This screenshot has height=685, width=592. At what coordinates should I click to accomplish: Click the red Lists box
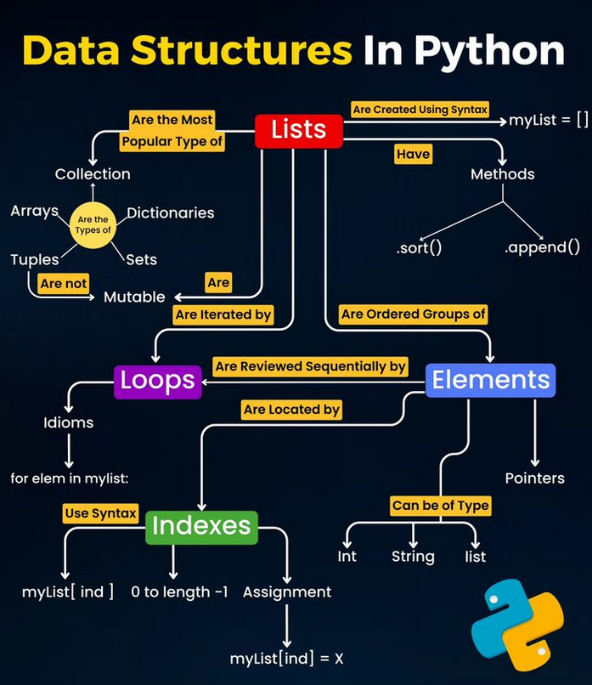coord(299,129)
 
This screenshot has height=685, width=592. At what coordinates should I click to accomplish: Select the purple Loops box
coord(158,381)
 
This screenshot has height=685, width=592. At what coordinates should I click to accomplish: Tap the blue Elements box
coord(490,381)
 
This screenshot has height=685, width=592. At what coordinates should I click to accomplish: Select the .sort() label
coord(419,248)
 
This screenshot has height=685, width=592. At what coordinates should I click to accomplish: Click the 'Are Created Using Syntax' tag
coord(420,110)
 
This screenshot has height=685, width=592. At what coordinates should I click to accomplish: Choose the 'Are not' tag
coord(64,283)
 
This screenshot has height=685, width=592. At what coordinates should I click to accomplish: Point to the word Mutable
coord(134,297)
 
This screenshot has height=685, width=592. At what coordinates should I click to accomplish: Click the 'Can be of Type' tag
coord(440,506)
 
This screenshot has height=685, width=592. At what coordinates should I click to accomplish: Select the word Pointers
coord(534,478)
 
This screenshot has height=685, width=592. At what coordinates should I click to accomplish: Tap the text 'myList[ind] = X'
coord(286,659)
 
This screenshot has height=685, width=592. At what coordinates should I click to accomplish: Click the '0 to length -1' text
coord(179,592)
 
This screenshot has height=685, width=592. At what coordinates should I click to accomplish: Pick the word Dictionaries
coord(170,212)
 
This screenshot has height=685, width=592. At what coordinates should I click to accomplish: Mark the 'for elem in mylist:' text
coord(70,478)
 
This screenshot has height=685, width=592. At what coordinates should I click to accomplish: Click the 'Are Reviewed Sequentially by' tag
coord(310,366)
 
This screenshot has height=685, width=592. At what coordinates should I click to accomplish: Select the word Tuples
coord(35,259)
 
